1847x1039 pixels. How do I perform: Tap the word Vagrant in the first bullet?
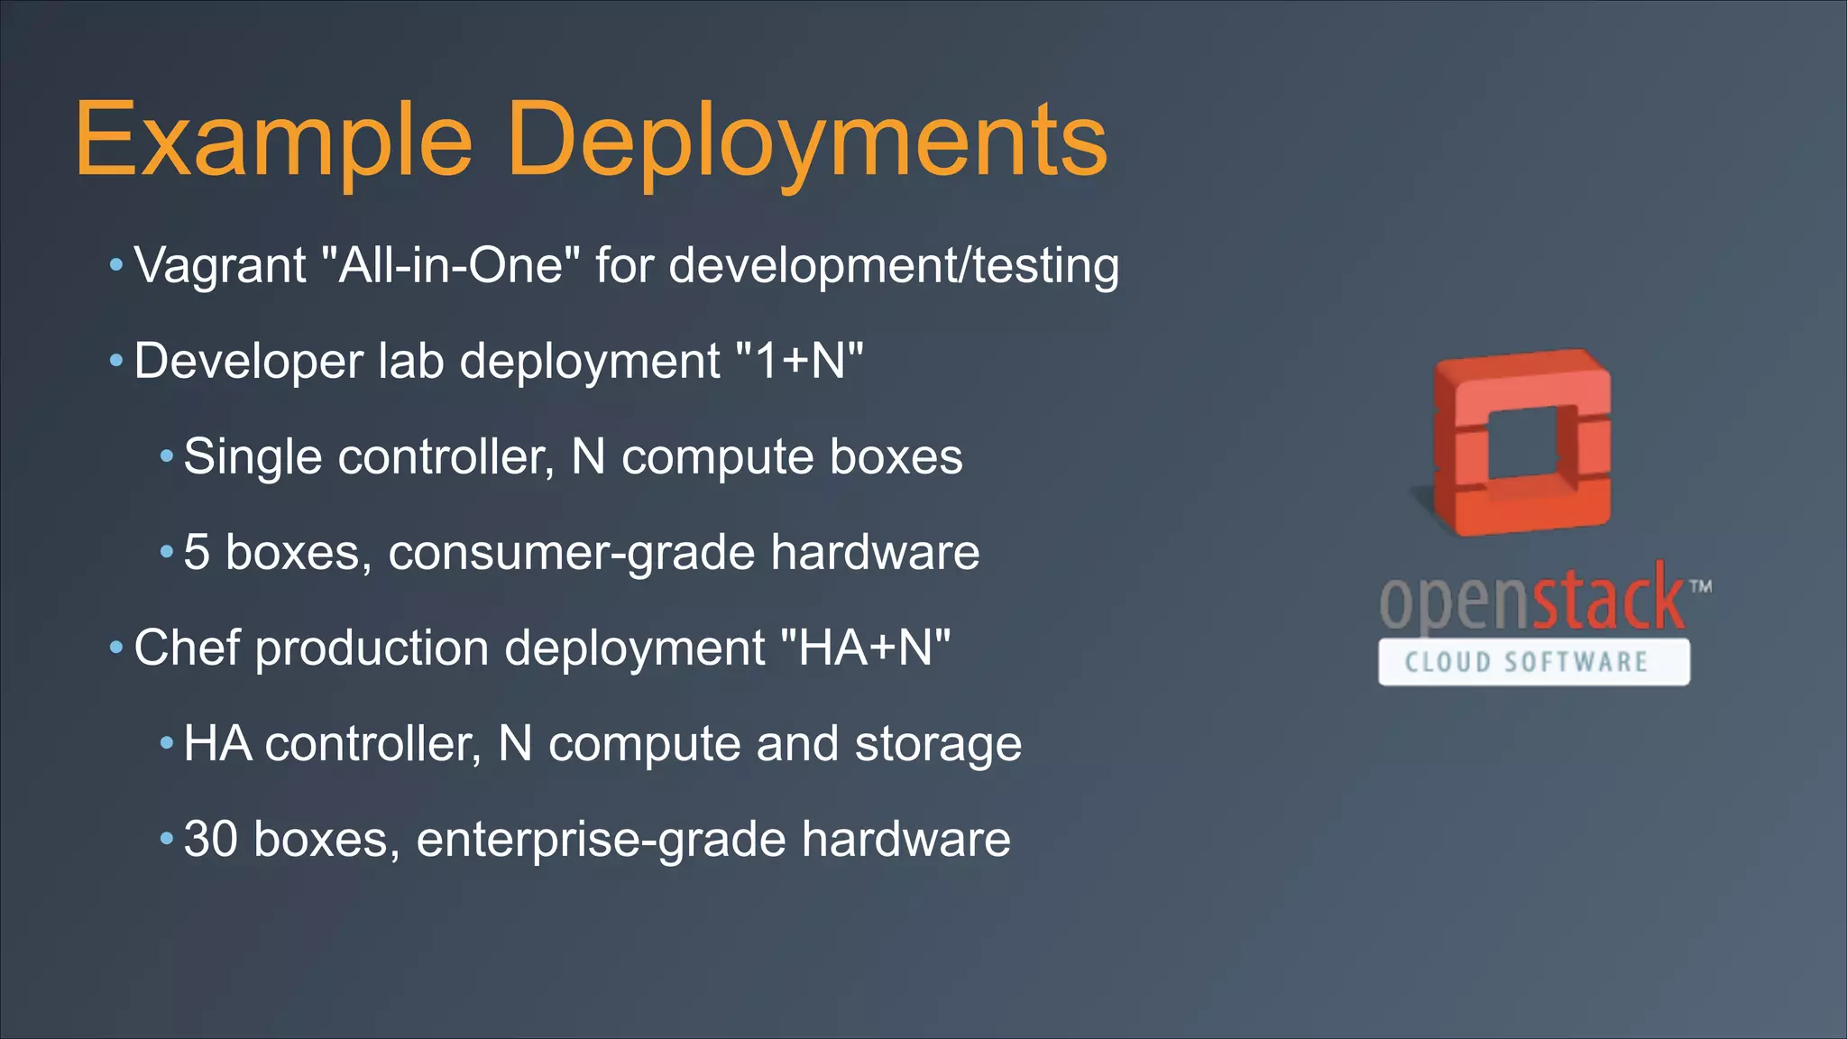220,266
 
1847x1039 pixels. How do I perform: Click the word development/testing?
894,266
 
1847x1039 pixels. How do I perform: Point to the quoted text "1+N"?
800,362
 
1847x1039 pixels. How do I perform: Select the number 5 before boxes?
197,553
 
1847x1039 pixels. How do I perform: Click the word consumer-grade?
571,553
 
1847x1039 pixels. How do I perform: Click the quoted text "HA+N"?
864,648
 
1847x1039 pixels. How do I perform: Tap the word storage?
938,744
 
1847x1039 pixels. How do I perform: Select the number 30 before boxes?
210,840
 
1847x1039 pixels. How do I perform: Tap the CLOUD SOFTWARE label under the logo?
1533,663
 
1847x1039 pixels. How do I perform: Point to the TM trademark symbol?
1700,587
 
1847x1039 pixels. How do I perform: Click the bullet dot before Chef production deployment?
115,648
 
